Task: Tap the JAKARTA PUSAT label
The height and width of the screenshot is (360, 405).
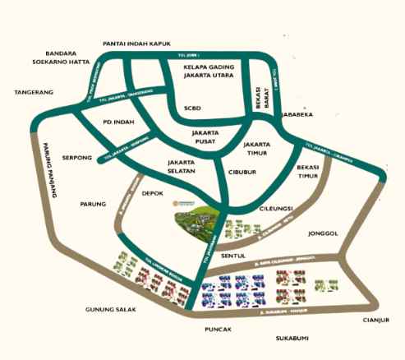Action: tap(206, 136)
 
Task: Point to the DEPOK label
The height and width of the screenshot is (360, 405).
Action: tap(154, 194)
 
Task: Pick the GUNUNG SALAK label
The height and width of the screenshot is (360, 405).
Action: tap(110, 310)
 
